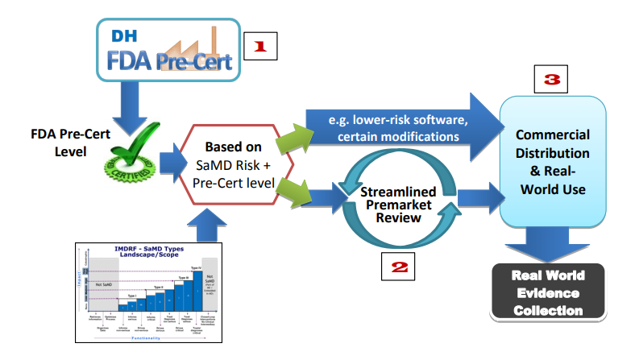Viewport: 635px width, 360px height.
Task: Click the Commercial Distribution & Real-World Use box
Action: pyautogui.click(x=552, y=162)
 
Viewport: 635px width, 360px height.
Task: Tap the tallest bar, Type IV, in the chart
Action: pyautogui.click(x=197, y=290)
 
